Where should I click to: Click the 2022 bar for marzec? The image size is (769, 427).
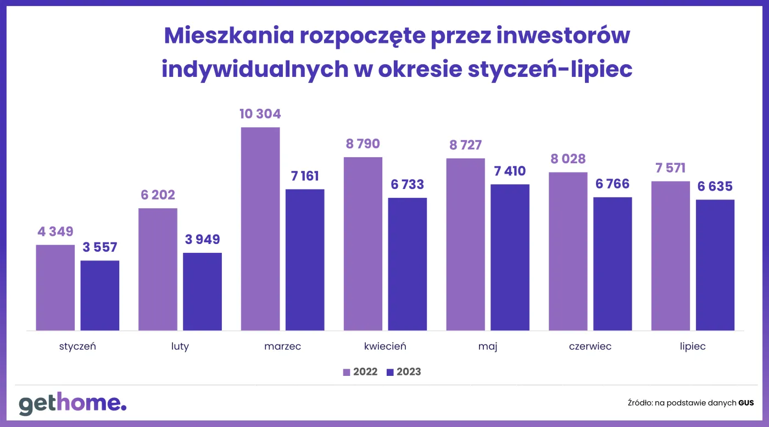click(260, 229)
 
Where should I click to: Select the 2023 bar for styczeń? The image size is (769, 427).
click(100, 295)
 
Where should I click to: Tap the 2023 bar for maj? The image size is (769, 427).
click(510, 257)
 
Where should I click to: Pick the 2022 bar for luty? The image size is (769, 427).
click(158, 269)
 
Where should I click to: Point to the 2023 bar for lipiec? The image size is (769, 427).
click(715, 265)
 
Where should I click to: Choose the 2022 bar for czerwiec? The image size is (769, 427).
click(568, 251)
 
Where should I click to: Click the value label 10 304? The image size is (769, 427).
click(260, 114)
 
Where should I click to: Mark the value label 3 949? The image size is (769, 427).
click(202, 240)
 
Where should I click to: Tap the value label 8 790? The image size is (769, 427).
click(363, 144)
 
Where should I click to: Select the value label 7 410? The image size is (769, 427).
click(510, 171)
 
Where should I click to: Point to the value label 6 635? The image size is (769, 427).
click(715, 186)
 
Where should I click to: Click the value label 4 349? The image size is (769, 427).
click(55, 231)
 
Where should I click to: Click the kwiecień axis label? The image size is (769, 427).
click(385, 347)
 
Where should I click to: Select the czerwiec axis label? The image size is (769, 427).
click(590, 347)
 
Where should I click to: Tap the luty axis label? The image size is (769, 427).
click(180, 347)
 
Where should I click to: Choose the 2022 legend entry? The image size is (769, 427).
click(360, 372)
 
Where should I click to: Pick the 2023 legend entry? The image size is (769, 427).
click(404, 372)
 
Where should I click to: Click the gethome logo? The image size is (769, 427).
click(73, 404)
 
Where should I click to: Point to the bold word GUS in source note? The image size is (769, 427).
click(746, 403)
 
